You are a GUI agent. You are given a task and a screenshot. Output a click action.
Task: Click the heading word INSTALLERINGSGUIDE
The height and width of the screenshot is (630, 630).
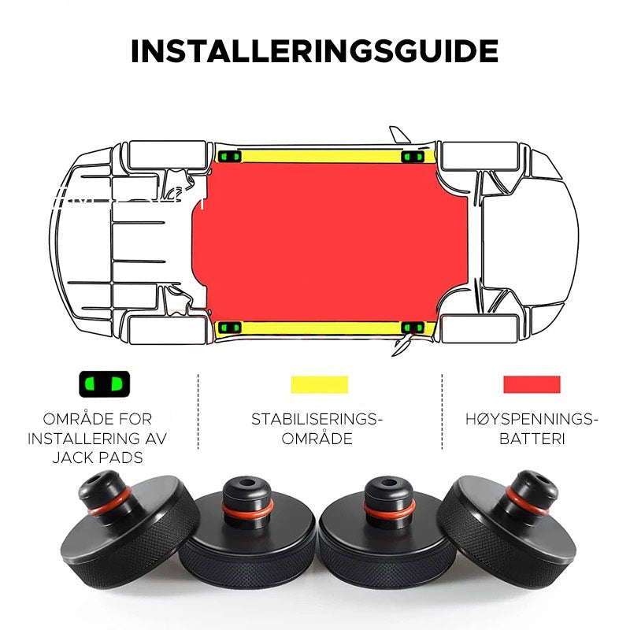coord(314,51)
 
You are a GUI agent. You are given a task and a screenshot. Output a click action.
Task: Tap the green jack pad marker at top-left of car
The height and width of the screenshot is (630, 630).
coord(230,157)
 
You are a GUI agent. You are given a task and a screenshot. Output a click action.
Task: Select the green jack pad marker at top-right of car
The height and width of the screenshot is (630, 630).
coord(409,157)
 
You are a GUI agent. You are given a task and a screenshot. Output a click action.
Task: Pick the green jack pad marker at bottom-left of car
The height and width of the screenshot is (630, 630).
coord(230,328)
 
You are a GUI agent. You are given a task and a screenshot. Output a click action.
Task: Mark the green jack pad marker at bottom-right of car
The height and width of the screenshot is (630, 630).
coord(409,328)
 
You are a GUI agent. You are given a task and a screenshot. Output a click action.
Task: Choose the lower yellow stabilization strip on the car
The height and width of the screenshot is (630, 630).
coord(319,328)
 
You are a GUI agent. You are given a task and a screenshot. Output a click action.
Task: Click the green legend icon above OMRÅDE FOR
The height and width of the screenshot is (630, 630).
coord(101,385)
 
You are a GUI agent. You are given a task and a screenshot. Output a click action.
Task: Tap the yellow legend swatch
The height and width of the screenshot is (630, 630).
coord(319,384)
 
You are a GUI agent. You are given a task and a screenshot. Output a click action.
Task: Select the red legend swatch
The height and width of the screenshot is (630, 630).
coord(532,384)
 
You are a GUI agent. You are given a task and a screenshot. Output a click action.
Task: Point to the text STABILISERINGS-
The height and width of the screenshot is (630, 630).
coord(317,419)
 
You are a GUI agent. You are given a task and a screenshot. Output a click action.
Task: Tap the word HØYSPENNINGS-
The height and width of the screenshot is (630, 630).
coord(532,419)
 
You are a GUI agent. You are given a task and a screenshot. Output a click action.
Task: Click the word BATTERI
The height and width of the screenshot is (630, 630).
coord(532,439)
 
